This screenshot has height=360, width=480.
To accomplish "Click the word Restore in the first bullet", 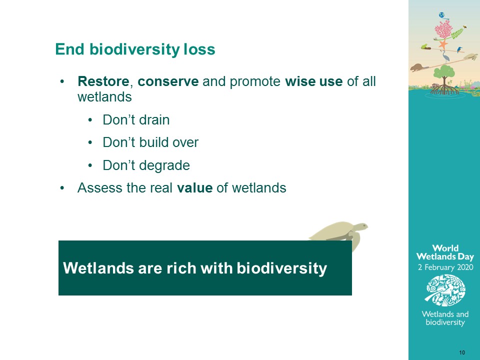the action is point(103,81).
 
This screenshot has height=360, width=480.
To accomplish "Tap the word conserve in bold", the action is point(168,81).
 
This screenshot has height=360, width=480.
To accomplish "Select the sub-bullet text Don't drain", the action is point(136,119).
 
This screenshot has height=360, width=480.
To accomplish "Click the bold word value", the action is point(194,187).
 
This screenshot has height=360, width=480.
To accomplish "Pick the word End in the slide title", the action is point(69,49).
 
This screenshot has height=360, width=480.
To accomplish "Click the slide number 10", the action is point(462,352).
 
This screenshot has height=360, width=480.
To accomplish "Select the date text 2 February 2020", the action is point(445,267).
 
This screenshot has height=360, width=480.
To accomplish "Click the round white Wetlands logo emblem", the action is point(446,290).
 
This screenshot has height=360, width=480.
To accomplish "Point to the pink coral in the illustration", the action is point(443,30).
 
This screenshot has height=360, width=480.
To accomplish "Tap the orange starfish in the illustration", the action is point(442,44).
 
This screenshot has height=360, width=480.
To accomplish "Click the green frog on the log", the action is point(424,46).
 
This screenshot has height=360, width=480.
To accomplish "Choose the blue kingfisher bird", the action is point(459,49).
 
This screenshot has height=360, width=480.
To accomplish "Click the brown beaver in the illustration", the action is point(418,67).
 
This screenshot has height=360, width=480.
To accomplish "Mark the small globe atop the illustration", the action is point(441,15).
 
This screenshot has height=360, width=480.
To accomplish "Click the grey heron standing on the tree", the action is point(446,56).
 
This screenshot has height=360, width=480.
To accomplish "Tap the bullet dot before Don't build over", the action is point(89,142).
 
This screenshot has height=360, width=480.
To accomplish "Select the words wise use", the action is point(314,81).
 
